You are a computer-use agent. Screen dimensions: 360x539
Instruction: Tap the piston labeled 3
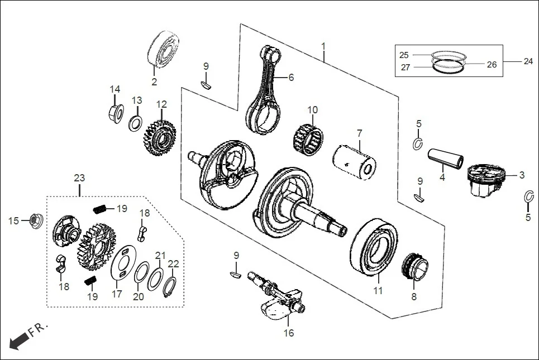click(484, 179)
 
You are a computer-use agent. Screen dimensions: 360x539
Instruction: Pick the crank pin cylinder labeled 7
click(355, 159)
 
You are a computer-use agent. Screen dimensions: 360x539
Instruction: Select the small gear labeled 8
click(415, 266)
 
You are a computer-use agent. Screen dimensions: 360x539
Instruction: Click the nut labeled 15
click(34, 221)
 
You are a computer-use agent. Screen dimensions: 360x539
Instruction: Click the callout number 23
click(79, 178)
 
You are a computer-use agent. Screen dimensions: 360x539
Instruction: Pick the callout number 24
click(528, 62)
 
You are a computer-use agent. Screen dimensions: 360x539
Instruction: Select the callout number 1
click(322, 45)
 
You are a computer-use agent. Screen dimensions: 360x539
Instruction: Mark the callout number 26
click(492, 65)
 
